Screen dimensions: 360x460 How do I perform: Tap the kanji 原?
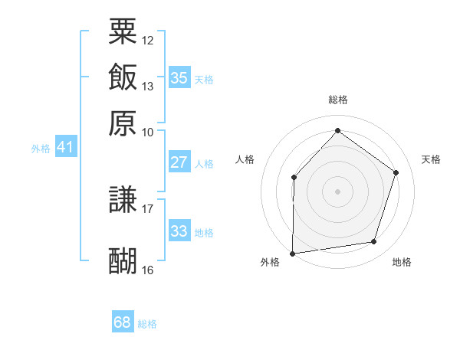coord(123,123)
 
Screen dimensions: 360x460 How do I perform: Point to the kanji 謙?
coord(123,200)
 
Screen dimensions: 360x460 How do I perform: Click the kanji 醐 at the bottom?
coord(123,261)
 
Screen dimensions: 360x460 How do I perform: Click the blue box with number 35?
coord(179,77)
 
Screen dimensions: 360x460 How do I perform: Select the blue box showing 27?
coord(179,162)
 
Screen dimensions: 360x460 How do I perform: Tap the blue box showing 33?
coord(179,231)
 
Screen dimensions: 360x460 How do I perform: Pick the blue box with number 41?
coord(65,147)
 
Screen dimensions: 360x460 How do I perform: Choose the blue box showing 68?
coord(123,322)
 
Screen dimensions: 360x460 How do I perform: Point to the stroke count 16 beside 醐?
coord(148,270)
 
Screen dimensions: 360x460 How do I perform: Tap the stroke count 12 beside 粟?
coord(148,39)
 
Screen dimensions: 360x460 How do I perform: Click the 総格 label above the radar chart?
coord(337,100)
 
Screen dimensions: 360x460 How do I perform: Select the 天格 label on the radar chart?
coord(431,159)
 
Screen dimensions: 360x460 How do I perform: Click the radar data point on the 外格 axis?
coord(292,253)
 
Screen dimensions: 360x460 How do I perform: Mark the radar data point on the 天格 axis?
coord(396,172)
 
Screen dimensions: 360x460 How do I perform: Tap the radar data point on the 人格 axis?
coord(294,178)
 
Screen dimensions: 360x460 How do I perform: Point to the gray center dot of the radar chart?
coord(337,191)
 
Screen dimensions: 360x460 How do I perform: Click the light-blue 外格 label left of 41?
coord(40,149)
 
